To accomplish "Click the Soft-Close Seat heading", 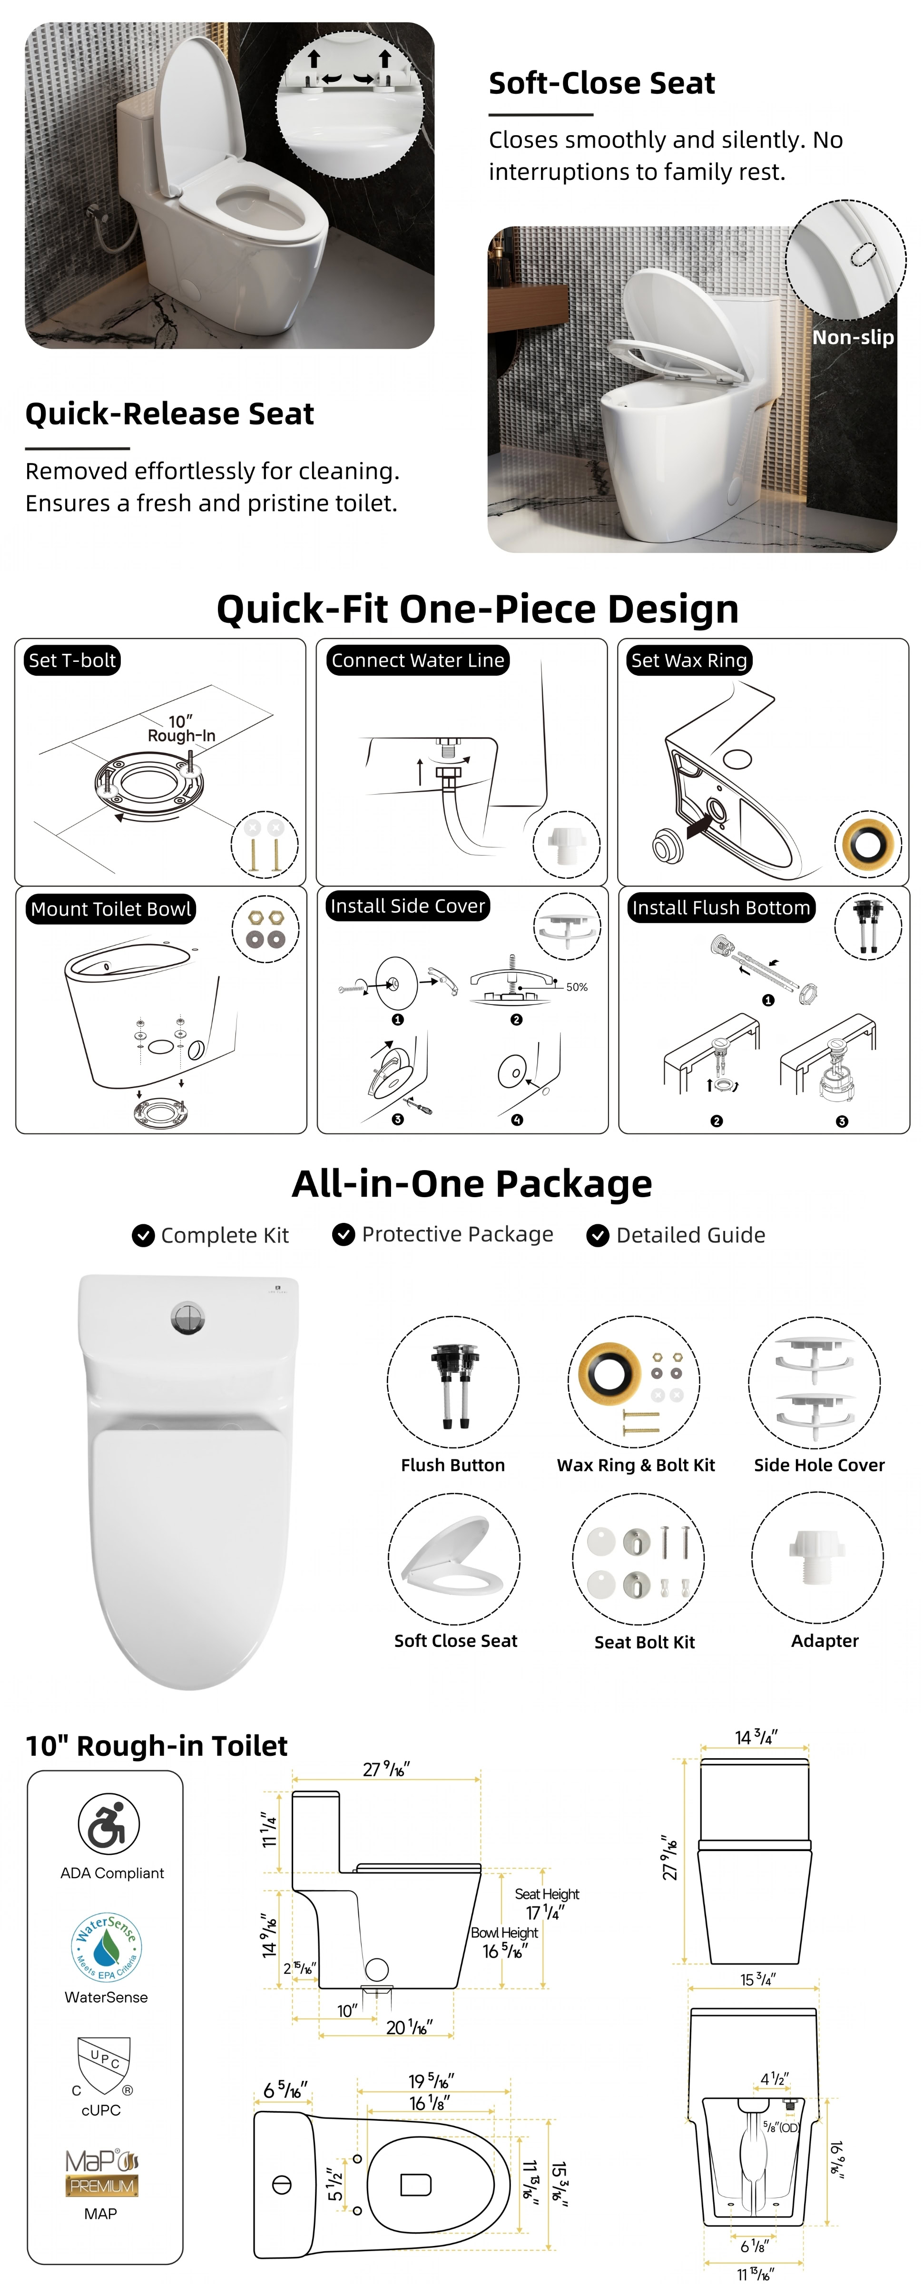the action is (x=601, y=83).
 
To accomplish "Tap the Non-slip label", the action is (x=853, y=337).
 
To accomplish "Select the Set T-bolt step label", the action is (x=72, y=660).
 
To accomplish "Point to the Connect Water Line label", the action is (x=418, y=660).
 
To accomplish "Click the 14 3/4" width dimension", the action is (x=756, y=1737).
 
